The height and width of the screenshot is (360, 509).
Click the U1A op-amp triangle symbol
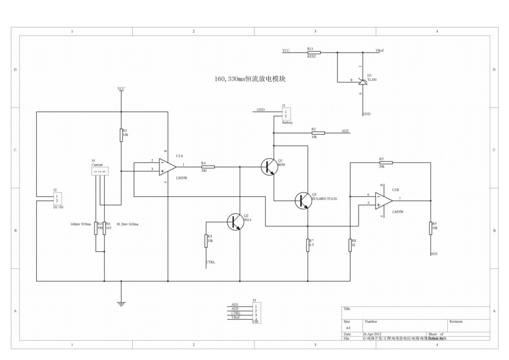click(167, 166)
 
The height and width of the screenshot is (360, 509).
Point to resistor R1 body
click(121, 134)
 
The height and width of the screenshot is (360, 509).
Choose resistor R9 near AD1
click(430, 227)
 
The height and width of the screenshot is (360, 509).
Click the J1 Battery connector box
click(287, 114)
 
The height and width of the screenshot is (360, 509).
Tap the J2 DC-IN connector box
click(57, 199)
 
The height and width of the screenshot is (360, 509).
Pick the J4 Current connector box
click(100, 171)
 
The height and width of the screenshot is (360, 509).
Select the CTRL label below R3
click(210, 262)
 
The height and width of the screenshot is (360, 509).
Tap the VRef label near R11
click(379, 50)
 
